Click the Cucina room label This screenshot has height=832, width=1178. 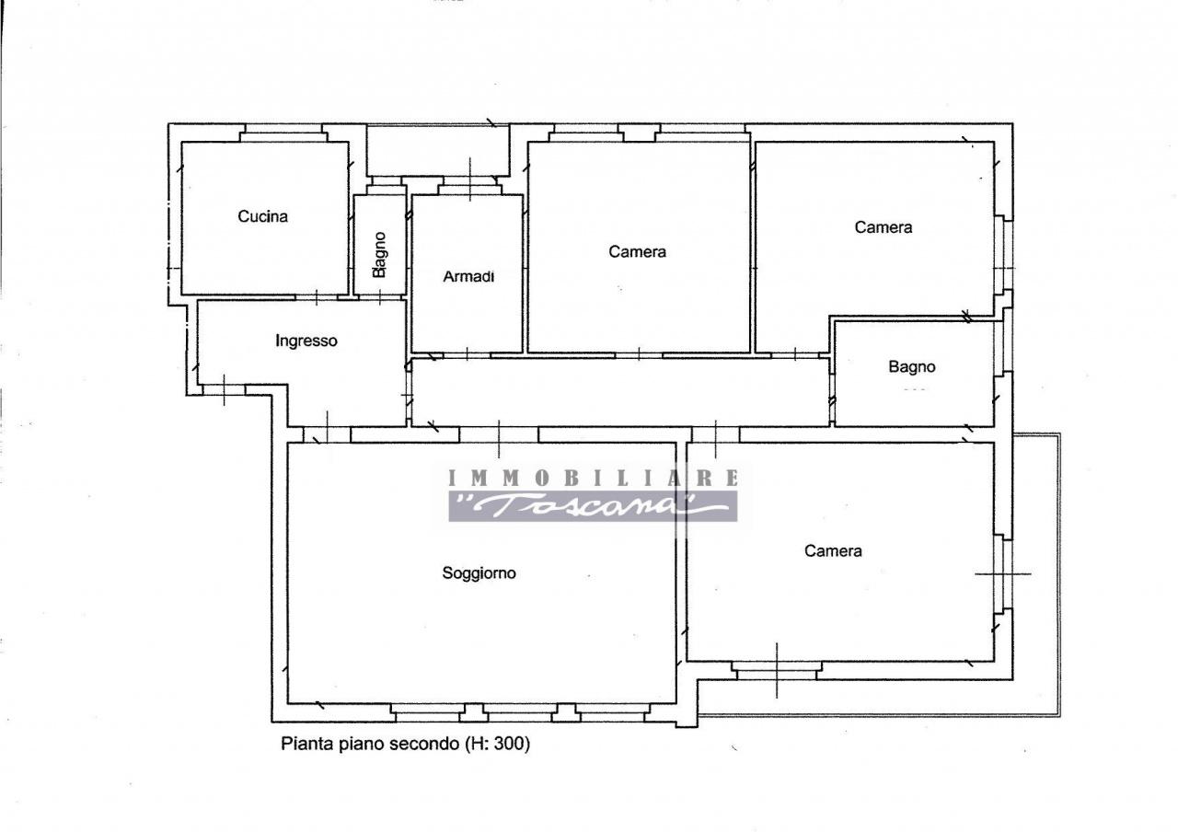[x=262, y=216]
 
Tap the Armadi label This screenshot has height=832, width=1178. [x=468, y=276]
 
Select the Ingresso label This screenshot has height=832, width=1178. [x=306, y=341]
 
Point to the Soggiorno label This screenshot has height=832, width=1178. [x=479, y=572]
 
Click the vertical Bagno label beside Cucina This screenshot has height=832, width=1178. [x=379, y=255]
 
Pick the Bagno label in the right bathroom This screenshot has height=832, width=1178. [x=912, y=366]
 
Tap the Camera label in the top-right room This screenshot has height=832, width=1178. [x=883, y=227]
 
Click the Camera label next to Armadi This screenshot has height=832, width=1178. [x=637, y=252]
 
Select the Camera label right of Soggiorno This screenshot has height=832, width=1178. [x=833, y=550]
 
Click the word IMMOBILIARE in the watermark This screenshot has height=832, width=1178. [x=594, y=478]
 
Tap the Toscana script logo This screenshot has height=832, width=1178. [x=593, y=506]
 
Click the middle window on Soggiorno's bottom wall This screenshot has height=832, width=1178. [x=520, y=712]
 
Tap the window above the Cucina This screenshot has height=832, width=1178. [x=283, y=133]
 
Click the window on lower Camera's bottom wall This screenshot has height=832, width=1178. [x=777, y=671]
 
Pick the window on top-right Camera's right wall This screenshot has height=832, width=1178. [x=1003, y=253]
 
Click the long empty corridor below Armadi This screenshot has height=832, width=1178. [x=620, y=392]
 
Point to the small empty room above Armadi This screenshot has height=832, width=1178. [x=438, y=150]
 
